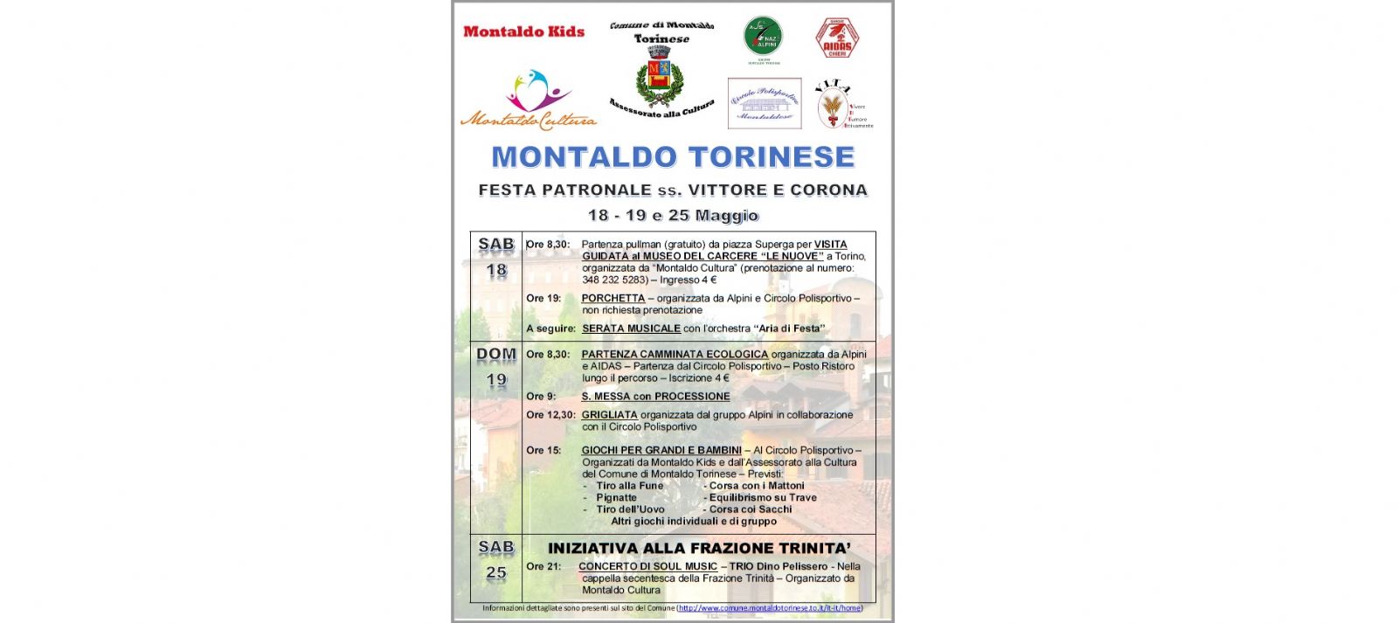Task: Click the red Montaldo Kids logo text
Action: click(x=523, y=31)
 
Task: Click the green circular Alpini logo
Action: click(x=763, y=38)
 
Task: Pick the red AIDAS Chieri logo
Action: click(x=837, y=38)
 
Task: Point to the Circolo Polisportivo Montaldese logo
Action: click(x=765, y=104)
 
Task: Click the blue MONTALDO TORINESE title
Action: click(x=673, y=157)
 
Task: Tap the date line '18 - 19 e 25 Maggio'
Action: click(x=673, y=216)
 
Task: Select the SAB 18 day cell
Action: click(x=496, y=258)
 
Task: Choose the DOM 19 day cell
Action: click(x=496, y=367)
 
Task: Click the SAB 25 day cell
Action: click(x=496, y=560)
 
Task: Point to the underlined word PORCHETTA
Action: click(x=613, y=299)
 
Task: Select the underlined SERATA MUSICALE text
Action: click(x=631, y=329)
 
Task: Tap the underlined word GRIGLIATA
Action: click(x=609, y=415)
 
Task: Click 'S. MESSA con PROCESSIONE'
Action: click(x=655, y=397)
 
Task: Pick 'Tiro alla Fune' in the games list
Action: click(x=629, y=486)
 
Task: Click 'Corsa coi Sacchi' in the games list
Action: click(x=750, y=509)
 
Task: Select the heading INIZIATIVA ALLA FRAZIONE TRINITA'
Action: click(x=699, y=549)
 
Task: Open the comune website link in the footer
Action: click(x=770, y=608)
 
